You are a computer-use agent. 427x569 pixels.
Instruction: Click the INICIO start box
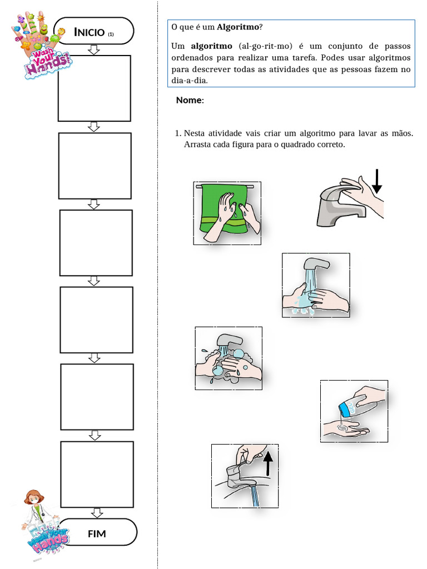pos(93,32)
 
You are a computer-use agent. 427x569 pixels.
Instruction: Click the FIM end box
pos(97,533)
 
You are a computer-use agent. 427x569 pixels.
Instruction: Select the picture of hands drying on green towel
pos(227,213)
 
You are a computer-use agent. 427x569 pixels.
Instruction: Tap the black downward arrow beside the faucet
pos(377,181)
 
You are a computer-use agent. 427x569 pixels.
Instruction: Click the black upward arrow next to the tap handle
pos(268,463)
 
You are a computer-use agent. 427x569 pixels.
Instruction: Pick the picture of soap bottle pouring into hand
pos(354,411)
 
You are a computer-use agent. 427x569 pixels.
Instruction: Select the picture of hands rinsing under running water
pos(315,285)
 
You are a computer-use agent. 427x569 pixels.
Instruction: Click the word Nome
pos(190,101)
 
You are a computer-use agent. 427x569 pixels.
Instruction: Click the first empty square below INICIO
pos(94,88)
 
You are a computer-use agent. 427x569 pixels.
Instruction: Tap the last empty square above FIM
pos(97,474)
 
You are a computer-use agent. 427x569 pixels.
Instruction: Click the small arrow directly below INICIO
pos(93,50)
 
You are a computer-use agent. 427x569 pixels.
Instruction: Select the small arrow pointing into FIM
pos(97,512)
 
